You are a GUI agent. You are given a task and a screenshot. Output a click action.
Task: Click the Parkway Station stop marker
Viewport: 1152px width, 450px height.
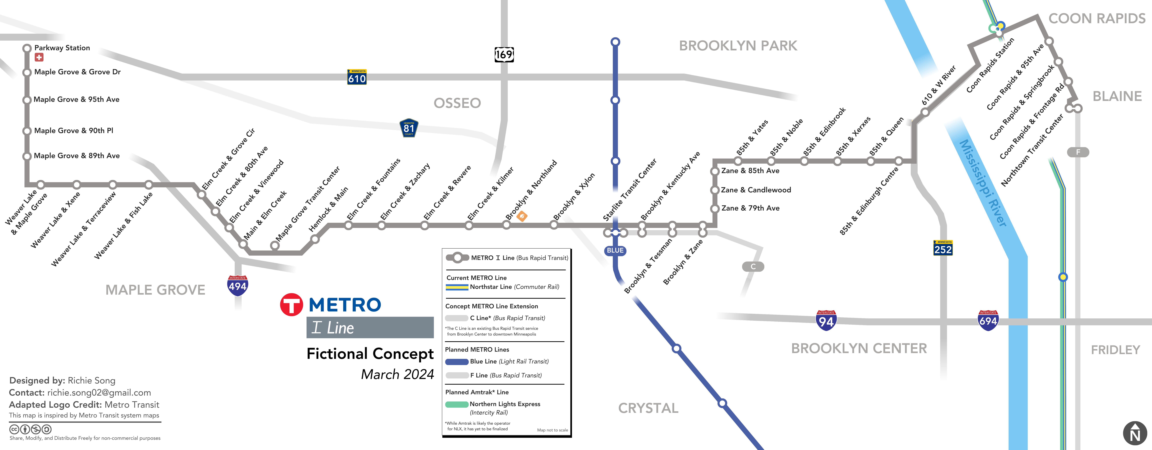point(27,48)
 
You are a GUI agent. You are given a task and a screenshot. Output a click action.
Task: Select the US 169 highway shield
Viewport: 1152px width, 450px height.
point(504,55)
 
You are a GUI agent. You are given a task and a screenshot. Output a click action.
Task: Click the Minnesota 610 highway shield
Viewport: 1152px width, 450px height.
point(357,77)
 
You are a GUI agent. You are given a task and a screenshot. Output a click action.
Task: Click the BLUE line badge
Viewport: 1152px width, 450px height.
point(615,251)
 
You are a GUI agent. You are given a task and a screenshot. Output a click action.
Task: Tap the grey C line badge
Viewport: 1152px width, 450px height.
point(753,267)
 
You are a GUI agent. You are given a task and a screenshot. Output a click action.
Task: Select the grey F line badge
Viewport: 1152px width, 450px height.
point(1078,152)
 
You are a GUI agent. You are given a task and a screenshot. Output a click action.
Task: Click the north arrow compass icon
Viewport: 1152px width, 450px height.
point(1135,433)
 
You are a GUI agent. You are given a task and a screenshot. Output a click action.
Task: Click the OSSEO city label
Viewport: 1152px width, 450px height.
point(457,103)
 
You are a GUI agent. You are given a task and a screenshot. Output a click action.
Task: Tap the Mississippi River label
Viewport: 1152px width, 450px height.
point(983,183)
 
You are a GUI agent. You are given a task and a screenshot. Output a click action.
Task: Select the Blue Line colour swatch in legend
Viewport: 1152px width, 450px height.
point(457,361)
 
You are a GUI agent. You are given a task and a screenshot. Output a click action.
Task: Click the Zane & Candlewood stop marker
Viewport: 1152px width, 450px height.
point(715,190)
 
